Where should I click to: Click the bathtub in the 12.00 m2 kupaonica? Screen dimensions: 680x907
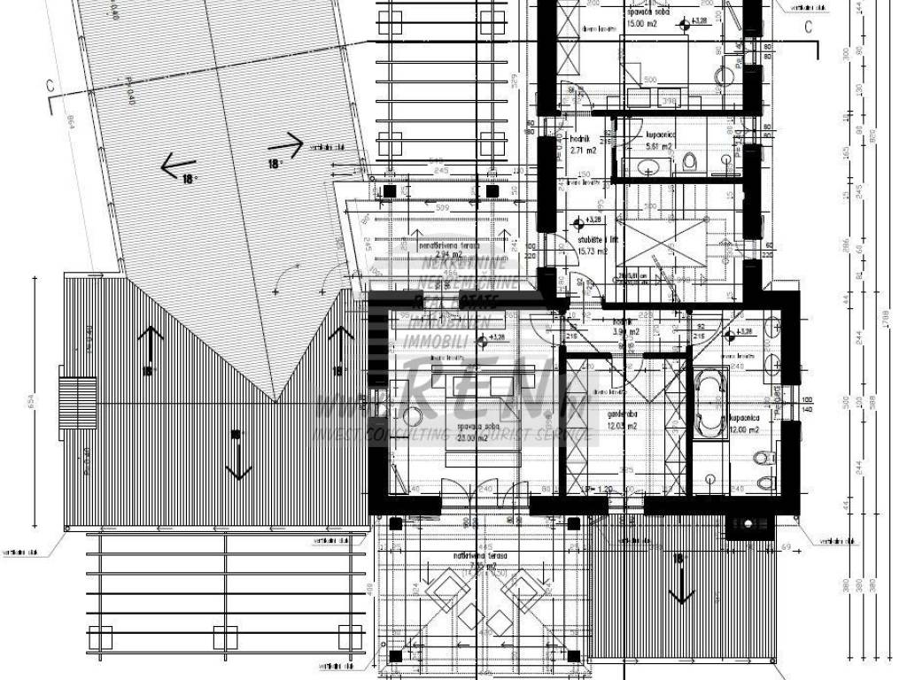coord(709,405)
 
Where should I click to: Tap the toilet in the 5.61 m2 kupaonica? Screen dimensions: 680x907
coord(690,162)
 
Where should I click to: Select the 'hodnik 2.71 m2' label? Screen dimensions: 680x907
coord(582,146)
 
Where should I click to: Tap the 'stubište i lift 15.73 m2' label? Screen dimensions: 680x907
coord(592,245)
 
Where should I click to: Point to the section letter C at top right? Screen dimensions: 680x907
coord(808,27)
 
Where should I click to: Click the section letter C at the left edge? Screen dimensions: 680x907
coord(50,86)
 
